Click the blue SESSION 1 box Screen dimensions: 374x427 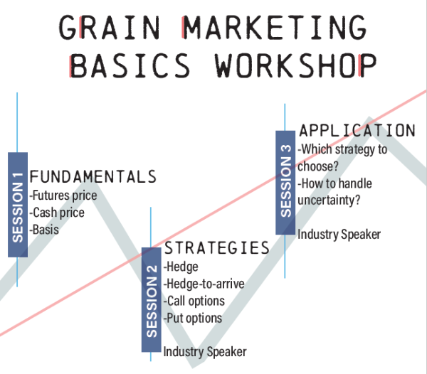point(18,205)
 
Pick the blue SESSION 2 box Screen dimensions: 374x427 point(151,299)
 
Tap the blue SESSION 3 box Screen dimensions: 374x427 point(285,182)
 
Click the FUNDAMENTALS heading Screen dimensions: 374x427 point(93,176)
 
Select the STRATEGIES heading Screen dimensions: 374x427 point(216,248)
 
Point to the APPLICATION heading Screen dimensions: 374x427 point(357,131)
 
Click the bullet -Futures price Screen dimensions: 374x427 point(63,195)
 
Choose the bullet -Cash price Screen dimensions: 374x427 point(57,212)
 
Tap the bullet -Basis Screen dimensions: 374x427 point(44,230)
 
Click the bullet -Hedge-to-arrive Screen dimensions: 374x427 point(204,284)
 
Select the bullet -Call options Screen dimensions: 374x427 point(194,301)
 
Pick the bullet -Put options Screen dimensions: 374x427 point(193,318)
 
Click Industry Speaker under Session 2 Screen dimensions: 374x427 point(205,351)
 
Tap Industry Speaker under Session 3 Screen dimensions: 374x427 point(339,234)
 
